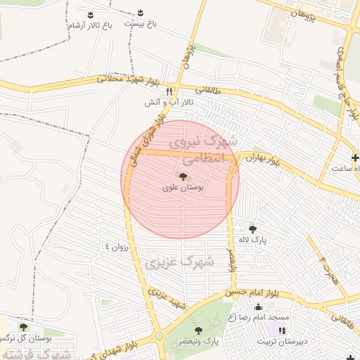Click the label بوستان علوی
(x=183, y=188)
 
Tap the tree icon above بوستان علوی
(x=183, y=176)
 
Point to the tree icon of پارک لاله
(x=252, y=228)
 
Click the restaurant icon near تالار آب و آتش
(x=169, y=92)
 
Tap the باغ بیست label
(x=141, y=23)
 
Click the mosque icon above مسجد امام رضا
(x=258, y=307)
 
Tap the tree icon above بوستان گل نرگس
(x=23, y=327)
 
